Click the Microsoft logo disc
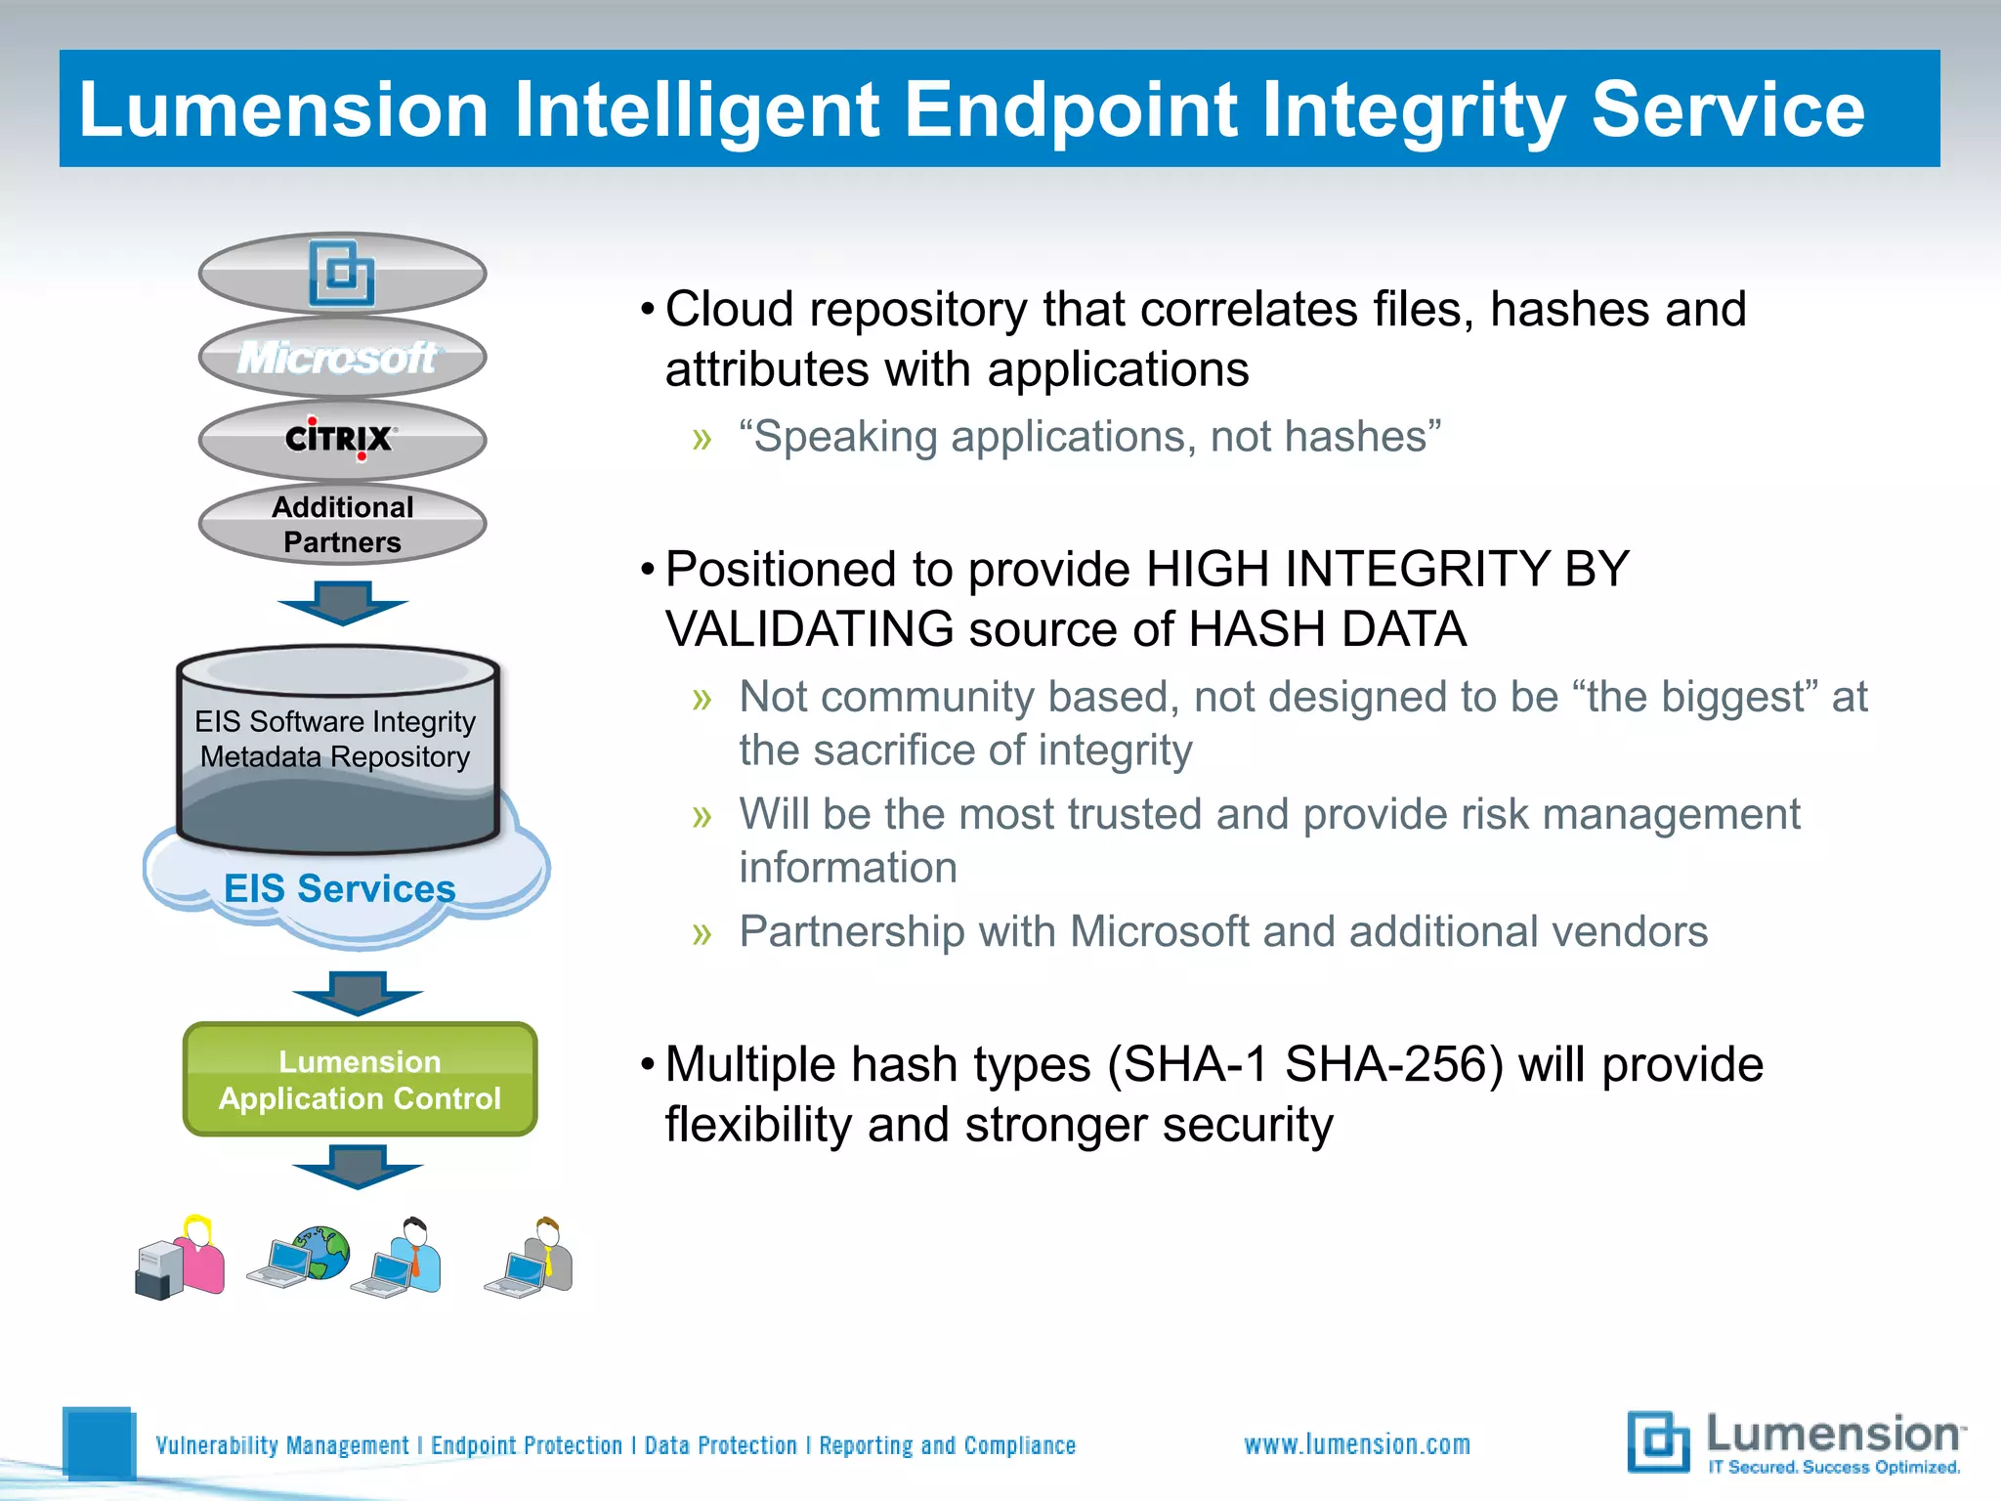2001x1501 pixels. point(342,358)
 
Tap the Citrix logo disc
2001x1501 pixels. point(342,440)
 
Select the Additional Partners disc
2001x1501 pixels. point(342,525)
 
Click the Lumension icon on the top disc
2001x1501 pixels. point(341,273)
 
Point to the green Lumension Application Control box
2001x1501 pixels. point(360,1080)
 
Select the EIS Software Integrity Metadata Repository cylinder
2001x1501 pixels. point(337,748)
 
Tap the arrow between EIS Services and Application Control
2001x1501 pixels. point(358,993)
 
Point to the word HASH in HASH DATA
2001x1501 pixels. point(1257,628)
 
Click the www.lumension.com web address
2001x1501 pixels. point(1357,1444)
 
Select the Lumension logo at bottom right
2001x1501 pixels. point(1796,1442)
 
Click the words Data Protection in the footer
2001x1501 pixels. point(721,1445)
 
